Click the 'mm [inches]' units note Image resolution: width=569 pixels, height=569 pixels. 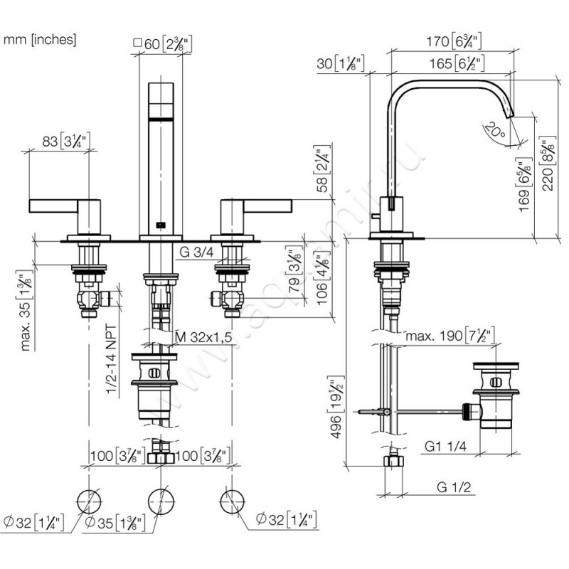[x=40, y=40]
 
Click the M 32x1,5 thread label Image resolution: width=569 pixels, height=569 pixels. [x=203, y=336]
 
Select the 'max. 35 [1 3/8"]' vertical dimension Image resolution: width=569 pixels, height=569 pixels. [x=27, y=309]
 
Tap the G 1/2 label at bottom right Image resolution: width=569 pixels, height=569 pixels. [x=455, y=488]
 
